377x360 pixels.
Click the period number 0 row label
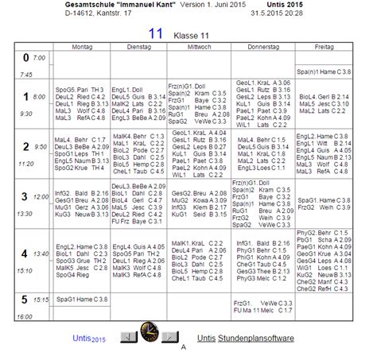pyautogui.click(x=25, y=58)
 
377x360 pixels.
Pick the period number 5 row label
pyautogui.click(x=25, y=300)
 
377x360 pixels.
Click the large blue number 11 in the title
pyautogui.click(x=156, y=34)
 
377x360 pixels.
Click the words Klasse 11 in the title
pyautogui.click(x=191, y=35)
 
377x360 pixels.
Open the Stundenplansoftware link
pyautogui.click(x=251, y=338)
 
